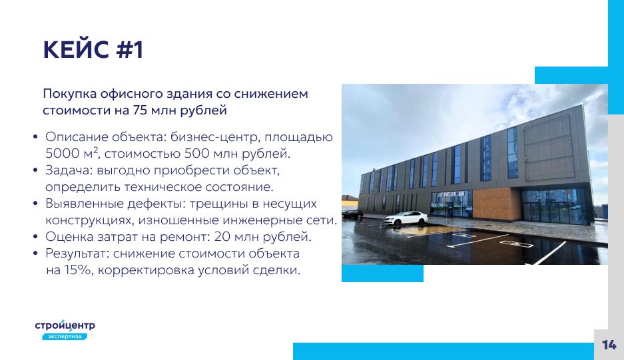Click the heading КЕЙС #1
[93, 50]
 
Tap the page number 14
[609, 345]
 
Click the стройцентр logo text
[65, 325]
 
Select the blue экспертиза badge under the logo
[65, 337]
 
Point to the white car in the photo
[406, 218]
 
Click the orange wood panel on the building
[496, 203]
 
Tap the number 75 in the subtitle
[141, 110]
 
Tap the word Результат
[77, 254]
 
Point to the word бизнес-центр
[215, 137]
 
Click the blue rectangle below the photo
[382, 273]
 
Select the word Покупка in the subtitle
[70, 94]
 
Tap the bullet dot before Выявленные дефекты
[35, 204]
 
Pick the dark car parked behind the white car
[352, 214]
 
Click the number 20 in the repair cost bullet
[222, 237]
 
